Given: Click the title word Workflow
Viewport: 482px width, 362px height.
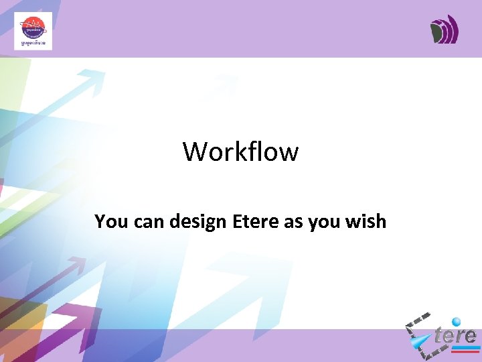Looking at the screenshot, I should tap(240, 152).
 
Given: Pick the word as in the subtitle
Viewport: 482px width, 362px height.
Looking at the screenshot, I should tap(293, 222).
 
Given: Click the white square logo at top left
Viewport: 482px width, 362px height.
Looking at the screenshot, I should tap(33, 32).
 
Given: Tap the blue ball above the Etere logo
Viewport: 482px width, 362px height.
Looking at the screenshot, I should tap(457, 322).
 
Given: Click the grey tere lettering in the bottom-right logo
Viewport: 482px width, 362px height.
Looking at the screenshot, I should tap(455, 336).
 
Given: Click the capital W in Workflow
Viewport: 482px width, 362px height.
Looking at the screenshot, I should tap(195, 152).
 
